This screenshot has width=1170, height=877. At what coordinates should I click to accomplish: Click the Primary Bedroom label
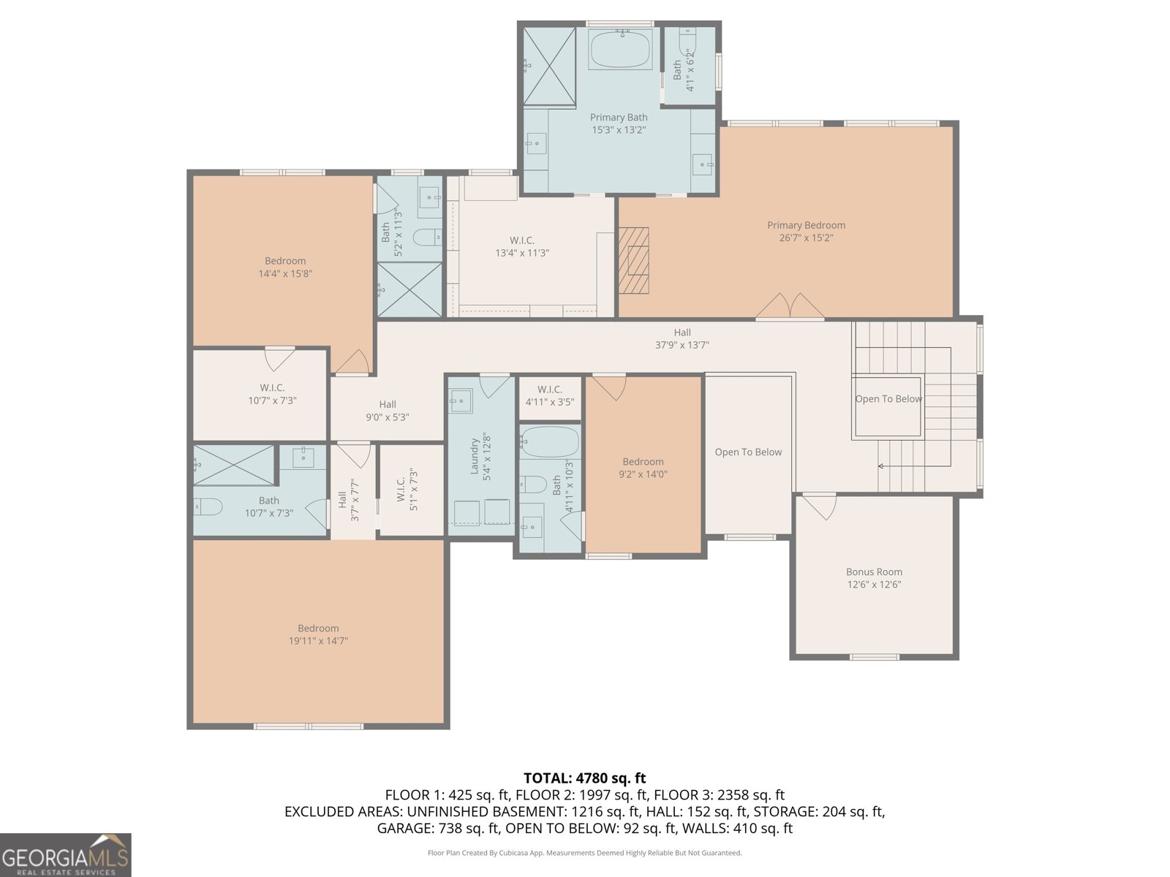806,225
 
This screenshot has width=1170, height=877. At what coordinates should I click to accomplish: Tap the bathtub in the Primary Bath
620,50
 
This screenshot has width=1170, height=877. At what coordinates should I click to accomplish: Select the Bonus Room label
874,572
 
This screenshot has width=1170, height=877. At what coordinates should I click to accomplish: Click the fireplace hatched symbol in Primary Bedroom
633,260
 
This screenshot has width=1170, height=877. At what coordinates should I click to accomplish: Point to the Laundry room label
474,456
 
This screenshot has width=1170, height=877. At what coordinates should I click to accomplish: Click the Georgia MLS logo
65,854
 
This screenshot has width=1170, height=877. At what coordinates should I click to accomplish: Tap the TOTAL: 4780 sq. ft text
585,778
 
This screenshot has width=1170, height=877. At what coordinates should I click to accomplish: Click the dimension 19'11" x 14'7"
318,641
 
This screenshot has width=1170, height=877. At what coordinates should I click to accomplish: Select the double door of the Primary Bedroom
790,307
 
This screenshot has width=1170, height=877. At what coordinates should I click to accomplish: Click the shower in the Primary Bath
549,67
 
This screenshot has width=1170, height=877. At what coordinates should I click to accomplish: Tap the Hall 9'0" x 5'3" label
388,411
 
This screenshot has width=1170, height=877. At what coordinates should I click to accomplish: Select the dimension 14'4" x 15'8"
285,273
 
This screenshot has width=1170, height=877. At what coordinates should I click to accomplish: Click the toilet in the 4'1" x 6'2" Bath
687,37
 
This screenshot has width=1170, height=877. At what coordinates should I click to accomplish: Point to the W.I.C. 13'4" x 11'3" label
522,246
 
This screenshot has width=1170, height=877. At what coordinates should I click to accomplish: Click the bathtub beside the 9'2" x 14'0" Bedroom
549,442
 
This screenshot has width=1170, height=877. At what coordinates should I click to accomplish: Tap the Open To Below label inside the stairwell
888,399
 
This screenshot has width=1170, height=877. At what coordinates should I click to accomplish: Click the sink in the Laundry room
461,401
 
